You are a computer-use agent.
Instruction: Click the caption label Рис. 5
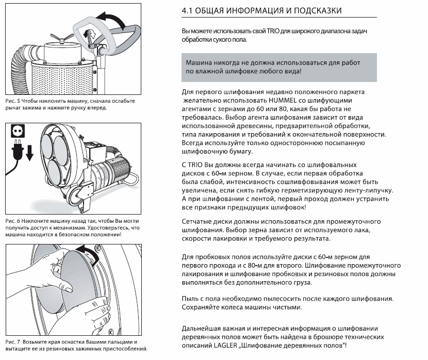[10, 101]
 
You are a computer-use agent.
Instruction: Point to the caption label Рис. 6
[10, 221]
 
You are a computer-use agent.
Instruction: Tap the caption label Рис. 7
[10, 342]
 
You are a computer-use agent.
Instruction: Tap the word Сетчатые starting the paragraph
[198, 221]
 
